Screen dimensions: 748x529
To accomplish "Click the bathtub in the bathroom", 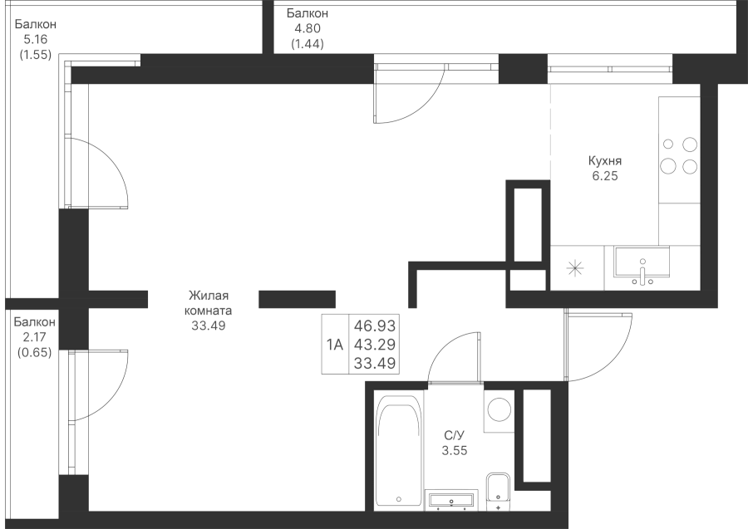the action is point(399,450).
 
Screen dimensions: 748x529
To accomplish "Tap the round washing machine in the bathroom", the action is point(499,411).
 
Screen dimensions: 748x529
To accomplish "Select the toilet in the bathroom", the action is point(499,488).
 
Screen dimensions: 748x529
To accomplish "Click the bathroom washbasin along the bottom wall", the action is point(451,501).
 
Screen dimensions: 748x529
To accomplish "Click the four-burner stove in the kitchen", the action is point(679,155).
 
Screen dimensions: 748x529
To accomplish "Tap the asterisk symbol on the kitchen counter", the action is point(575,269).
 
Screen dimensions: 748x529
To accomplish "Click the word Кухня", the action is point(605,160).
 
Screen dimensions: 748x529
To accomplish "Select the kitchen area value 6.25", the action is point(605,176).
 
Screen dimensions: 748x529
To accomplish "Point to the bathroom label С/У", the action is point(454,435).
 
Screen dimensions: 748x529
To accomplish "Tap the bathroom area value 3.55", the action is point(454,450).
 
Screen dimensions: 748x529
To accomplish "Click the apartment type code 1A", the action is point(335,344).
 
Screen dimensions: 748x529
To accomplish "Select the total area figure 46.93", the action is point(375,326).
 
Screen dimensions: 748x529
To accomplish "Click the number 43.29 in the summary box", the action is point(375,344).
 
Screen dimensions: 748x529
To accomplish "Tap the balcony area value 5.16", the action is point(35,39).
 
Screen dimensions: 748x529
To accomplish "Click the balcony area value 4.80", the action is point(308,28).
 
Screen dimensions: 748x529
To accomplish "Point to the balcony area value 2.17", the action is point(34,337).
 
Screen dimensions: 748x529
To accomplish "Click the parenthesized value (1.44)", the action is point(308,44).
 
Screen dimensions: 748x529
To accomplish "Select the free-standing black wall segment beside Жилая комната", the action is point(298,299).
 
